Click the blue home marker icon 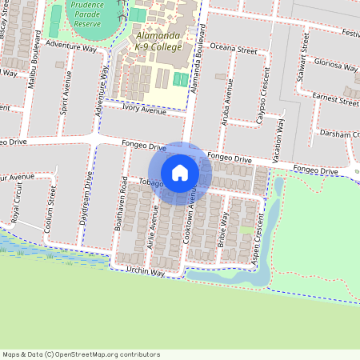click(x=180, y=172)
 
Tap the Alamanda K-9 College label click(x=160, y=42)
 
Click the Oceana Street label click(x=233, y=50)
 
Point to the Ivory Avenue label click(x=144, y=110)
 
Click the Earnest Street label click(x=335, y=99)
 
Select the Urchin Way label click(x=146, y=272)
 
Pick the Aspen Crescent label click(x=258, y=250)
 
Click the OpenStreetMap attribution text click(x=81, y=354)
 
